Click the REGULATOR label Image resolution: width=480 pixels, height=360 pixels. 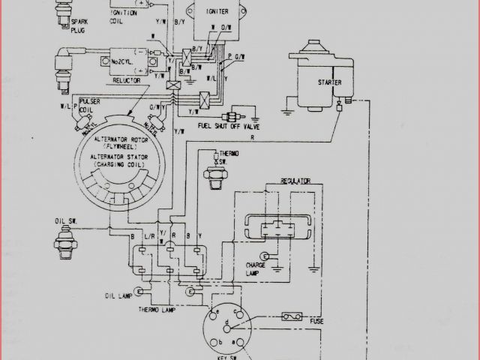click(296, 181)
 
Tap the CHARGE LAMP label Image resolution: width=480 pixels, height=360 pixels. click(259, 268)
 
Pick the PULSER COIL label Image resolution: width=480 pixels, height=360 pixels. click(91, 104)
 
